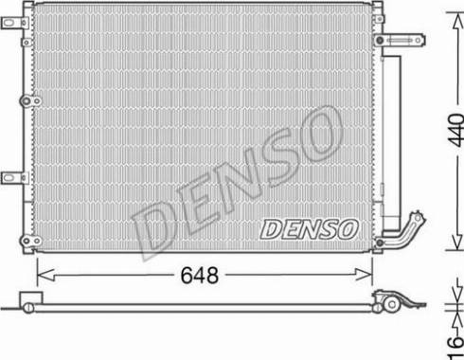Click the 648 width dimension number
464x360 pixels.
(x=200, y=277)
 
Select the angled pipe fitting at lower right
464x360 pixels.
(x=407, y=231)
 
